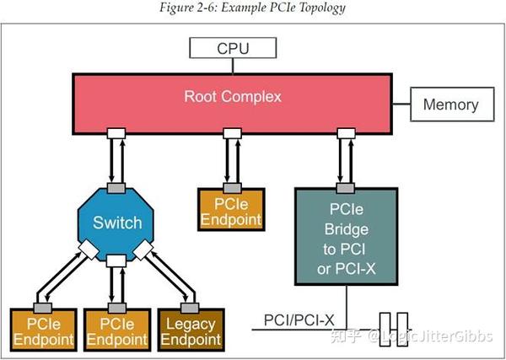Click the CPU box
(234, 48)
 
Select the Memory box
(450, 105)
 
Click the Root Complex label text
(234, 96)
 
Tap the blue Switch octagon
(117, 223)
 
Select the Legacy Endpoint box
(191, 330)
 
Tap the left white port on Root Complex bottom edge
(117, 133)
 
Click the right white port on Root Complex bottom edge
(344, 133)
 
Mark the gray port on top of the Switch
(117, 186)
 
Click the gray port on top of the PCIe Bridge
(344, 186)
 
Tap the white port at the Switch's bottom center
(117, 261)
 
